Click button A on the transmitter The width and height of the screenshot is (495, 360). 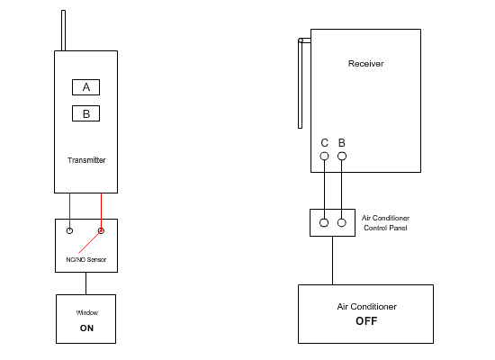pos(85,87)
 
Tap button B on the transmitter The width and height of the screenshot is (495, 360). pos(85,114)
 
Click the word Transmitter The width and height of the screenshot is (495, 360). pos(86,160)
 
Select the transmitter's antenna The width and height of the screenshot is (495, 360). pos(63,31)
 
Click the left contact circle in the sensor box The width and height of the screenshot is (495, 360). pos(69,231)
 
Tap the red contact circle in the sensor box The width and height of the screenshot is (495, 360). pos(101,231)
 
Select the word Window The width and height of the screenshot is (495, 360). pos(86,312)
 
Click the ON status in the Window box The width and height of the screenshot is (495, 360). pos(86,328)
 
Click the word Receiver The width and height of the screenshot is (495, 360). pos(365,63)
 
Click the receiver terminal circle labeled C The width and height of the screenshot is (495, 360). pos(324,157)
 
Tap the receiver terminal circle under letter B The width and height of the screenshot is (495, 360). pos(341,157)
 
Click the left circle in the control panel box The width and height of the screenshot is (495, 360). pos(324,222)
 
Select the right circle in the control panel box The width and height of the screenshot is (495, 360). pos(341,222)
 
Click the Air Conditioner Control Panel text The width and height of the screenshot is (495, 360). pos(385,222)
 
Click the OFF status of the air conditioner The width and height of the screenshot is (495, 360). pos(365,320)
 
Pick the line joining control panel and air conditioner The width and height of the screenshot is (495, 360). pos(333,260)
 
